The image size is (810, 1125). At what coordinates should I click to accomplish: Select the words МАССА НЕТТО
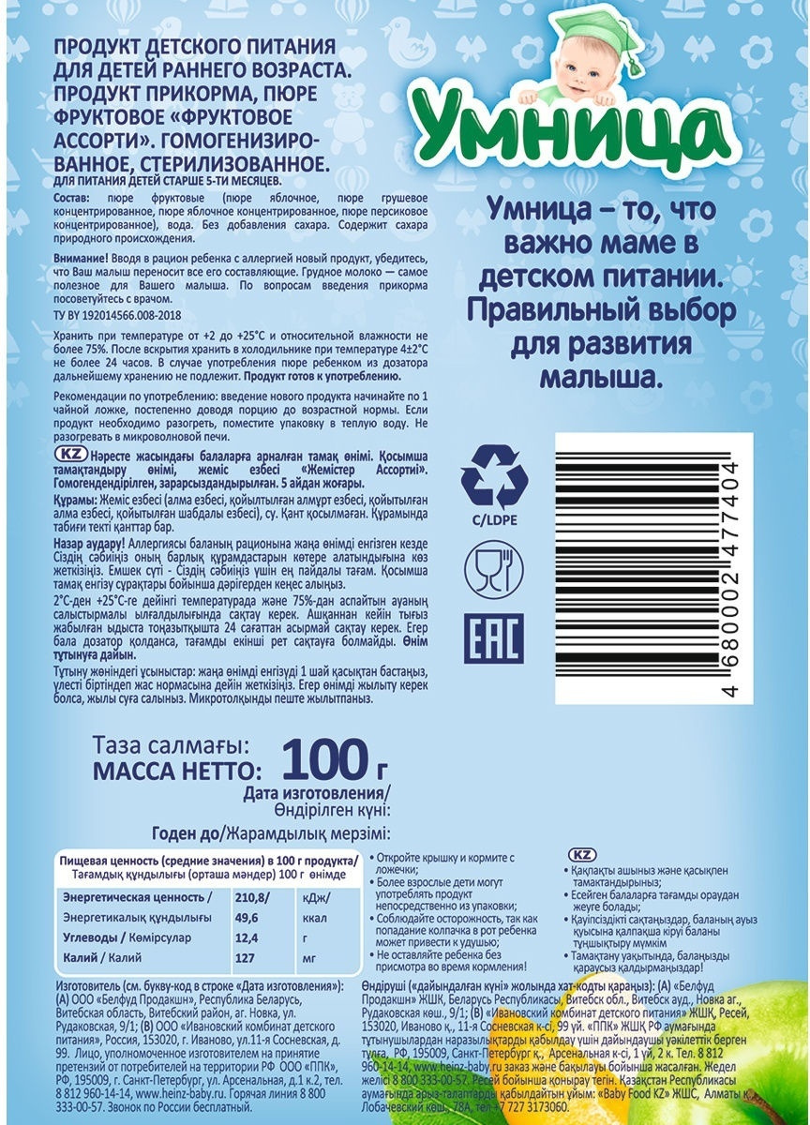point(172,771)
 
